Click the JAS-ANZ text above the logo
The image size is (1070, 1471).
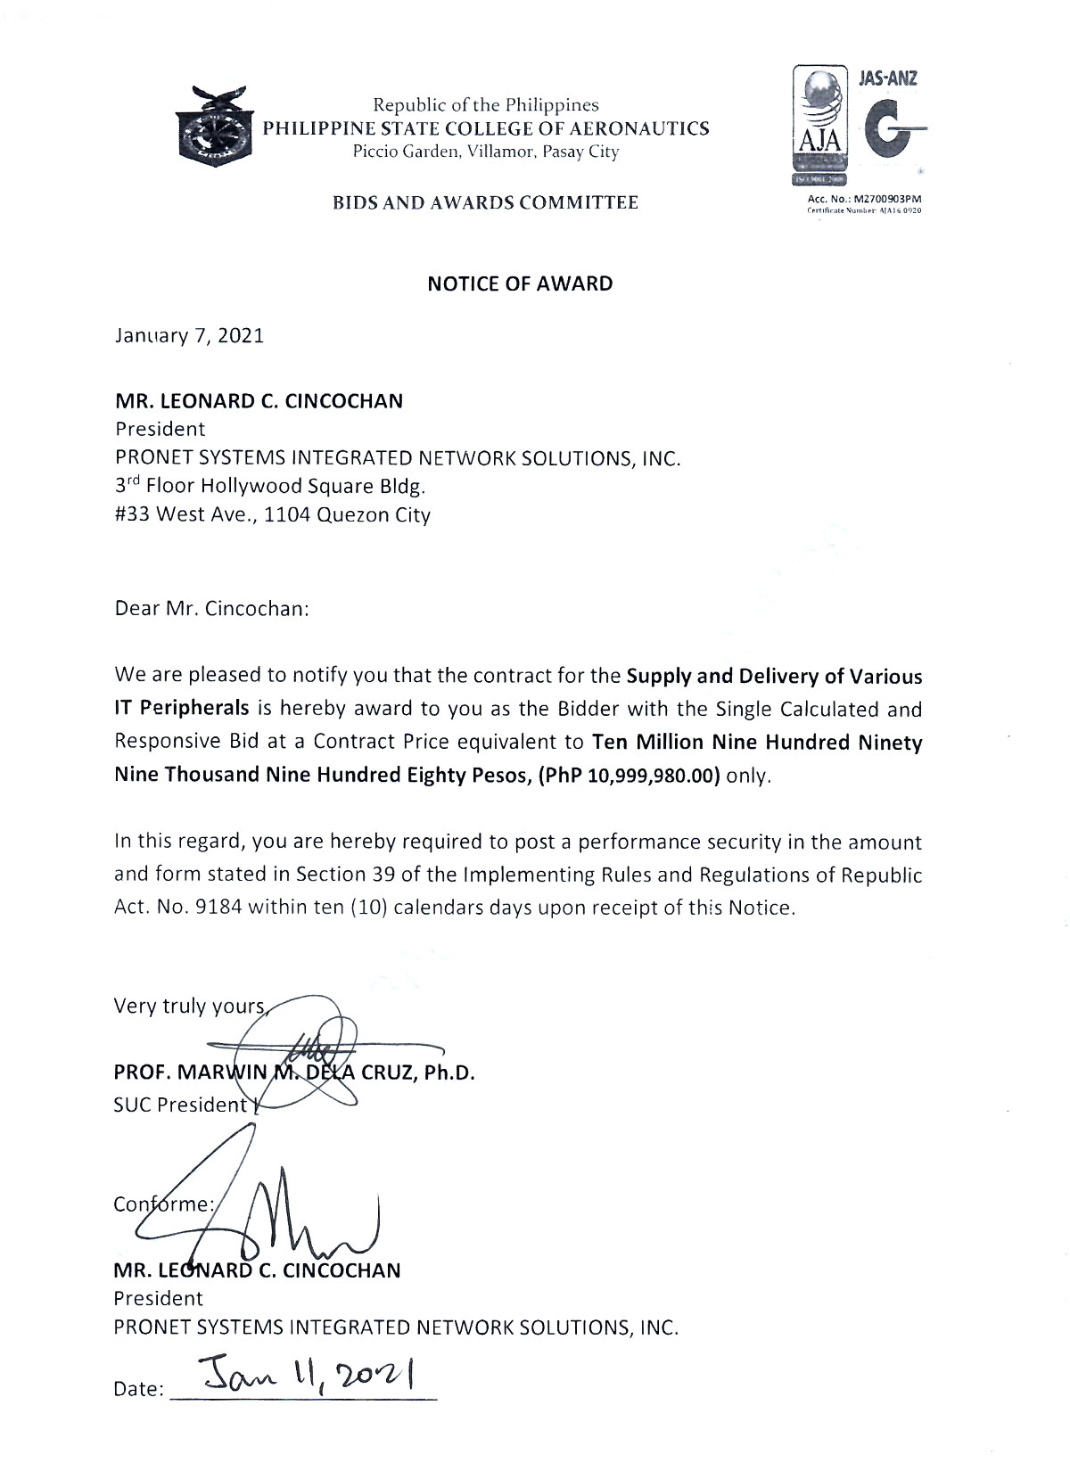coord(887,78)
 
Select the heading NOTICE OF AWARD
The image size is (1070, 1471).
coord(520,284)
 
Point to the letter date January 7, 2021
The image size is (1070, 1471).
coord(189,336)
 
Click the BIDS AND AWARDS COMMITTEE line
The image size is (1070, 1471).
coord(485,202)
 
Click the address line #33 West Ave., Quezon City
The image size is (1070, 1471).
coord(272,514)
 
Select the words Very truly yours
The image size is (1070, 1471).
coord(189,1007)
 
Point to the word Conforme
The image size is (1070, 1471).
coord(162,1204)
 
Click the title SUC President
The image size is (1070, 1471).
coord(179,1105)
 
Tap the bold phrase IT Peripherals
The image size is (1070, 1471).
coord(181,709)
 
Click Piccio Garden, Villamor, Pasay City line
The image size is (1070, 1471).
coord(485,152)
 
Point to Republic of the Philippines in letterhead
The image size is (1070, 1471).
coord(485,105)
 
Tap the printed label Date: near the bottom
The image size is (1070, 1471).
coord(138,1389)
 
